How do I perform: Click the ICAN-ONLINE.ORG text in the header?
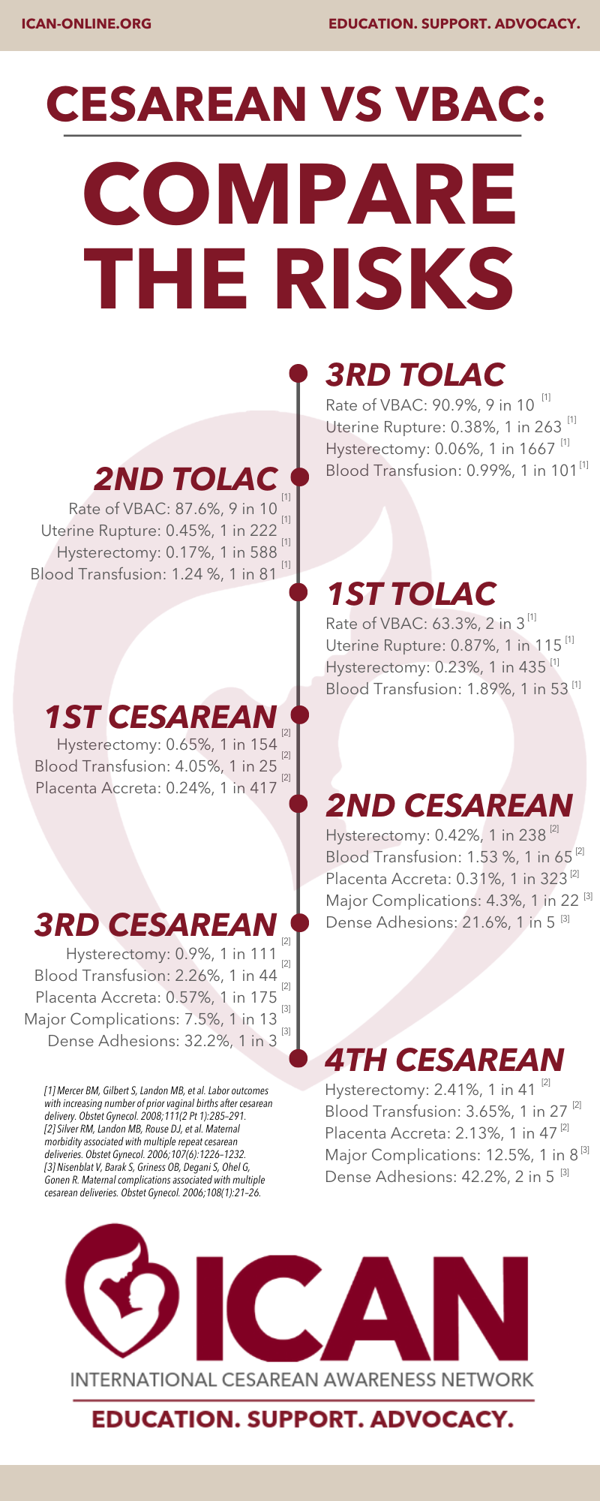click(86, 24)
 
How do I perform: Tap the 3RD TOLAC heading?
click(415, 375)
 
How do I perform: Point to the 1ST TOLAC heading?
click(411, 594)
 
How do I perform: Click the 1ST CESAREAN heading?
click(160, 717)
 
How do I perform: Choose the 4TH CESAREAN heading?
click(444, 1060)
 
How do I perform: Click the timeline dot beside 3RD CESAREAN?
click(299, 922)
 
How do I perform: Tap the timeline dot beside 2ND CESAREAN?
click(299, 804)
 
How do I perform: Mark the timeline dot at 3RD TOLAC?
click(298, 373)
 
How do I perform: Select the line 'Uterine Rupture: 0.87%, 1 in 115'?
click(443, 645)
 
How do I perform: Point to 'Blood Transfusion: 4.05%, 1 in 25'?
click(156, 766)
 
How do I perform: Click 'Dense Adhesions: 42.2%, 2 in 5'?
click(439, 1177)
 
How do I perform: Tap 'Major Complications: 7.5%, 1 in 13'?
click(151, 1019)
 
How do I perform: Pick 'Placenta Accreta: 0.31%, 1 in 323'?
click(446, 879)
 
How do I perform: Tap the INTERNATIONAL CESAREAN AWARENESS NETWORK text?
click(301, 1379)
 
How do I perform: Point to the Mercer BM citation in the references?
click(157, 1102)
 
